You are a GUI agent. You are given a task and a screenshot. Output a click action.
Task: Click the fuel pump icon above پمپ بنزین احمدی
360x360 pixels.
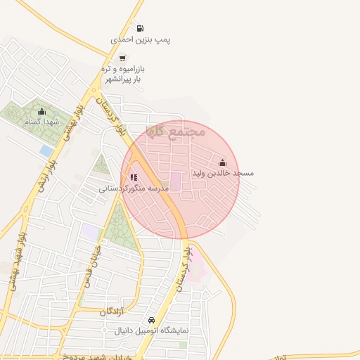[140, 29]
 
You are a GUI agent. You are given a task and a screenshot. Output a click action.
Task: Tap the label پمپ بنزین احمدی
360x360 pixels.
[141, 40]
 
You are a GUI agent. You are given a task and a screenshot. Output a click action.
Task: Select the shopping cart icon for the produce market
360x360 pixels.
[123, 58]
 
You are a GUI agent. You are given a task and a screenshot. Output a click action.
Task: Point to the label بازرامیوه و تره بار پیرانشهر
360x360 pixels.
[123, 74]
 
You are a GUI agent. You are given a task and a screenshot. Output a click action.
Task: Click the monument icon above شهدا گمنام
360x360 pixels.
[41, 110]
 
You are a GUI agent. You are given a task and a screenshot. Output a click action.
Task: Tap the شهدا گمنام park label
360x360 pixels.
[40, 122]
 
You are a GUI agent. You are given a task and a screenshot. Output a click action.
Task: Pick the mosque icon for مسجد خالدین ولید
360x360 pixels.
[222, 162]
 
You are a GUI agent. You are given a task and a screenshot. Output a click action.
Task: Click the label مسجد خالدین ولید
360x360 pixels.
[222, 173]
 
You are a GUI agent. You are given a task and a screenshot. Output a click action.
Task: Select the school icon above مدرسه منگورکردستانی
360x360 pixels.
[134, 177]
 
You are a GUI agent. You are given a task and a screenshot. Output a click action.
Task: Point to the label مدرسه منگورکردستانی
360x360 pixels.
[134, 188]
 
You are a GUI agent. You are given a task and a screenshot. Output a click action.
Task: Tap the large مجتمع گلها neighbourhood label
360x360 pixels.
[176, 131]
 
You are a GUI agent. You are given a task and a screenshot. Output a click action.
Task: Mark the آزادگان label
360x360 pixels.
[112, 311]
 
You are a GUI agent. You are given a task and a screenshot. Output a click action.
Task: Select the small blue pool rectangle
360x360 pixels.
[46, 151]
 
